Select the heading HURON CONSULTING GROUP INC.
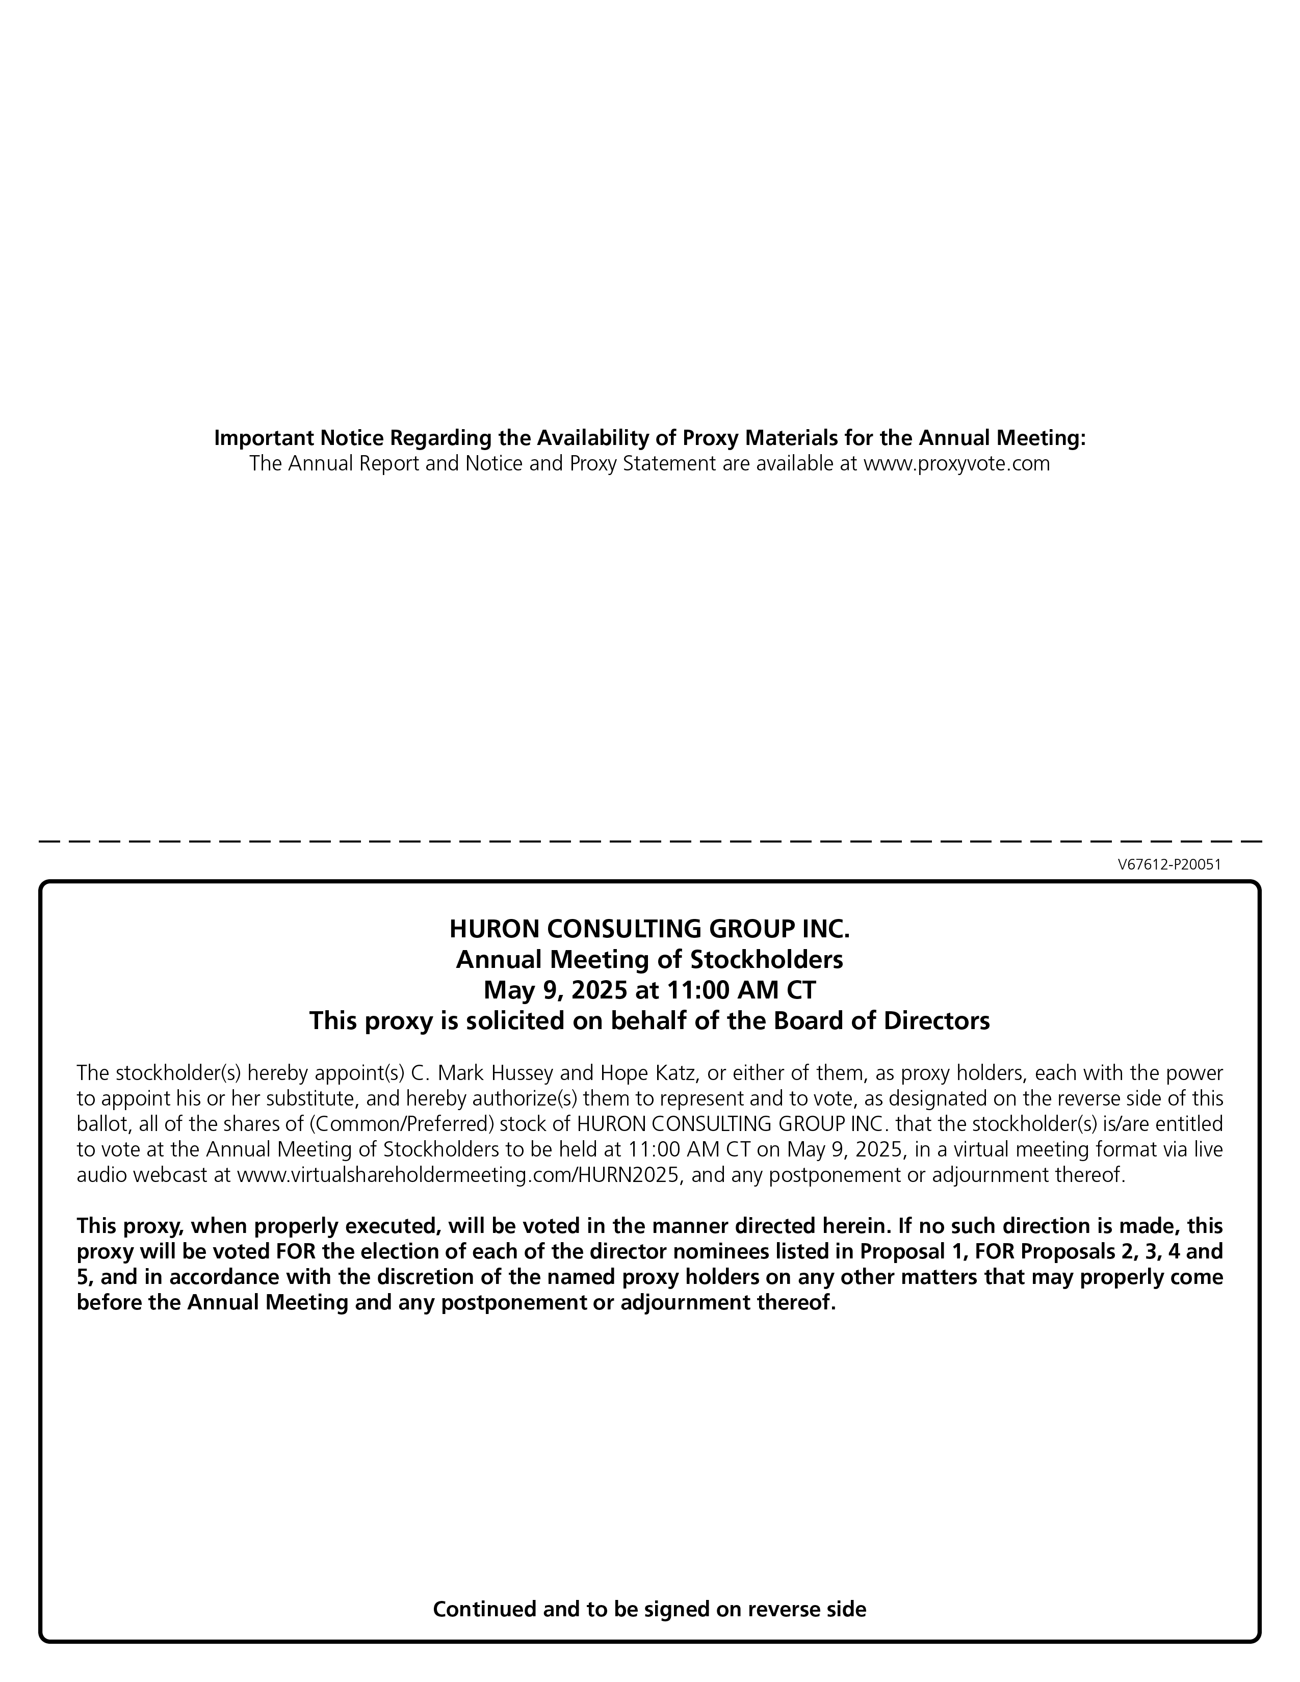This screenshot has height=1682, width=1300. point(649,929)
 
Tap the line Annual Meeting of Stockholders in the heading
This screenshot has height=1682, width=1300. point(649,960)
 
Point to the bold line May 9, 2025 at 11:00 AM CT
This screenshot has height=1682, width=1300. point(649,990)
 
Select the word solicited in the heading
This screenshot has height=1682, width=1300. point(511,1021)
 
